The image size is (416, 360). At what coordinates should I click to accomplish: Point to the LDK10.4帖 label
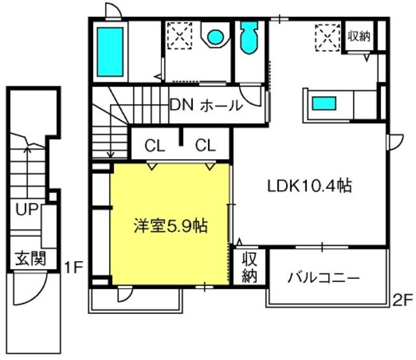pyautogui.click(x=310, y=186)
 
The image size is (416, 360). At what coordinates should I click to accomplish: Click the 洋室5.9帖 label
pyautogui.click(x=171, y=227)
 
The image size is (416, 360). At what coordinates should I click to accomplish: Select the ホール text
pyautogui.click(x=220, y=106)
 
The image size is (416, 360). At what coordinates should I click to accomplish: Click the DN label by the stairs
pyautogui.click(x=181, y=105)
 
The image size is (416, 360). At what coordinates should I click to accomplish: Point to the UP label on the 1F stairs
pyautogui.click(x=26, y=210)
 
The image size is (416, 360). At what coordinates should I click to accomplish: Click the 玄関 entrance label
pyautogui.click(x=30, y=259)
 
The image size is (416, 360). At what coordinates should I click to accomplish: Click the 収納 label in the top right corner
pyautogui.click(x=359, y=36)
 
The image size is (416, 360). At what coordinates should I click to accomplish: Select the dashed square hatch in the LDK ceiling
pyautogui.click(x=326, y=36)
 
